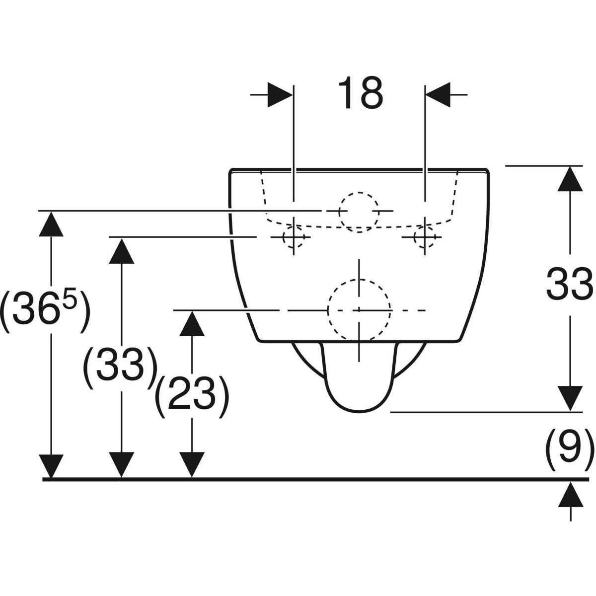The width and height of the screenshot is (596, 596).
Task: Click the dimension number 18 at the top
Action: (x=361, y=93)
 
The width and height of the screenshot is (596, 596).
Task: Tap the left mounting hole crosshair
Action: (x=294, y=237)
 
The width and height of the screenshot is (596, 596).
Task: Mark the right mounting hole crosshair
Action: (x=425, y=237)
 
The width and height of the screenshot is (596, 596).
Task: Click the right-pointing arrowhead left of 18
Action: (x=280, y=94)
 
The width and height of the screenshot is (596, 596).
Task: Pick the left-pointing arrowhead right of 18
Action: (x=438, y=94)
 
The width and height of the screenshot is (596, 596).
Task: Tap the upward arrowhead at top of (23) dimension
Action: (x=191, y=323)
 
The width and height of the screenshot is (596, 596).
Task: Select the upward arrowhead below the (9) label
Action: (x=570, y=495)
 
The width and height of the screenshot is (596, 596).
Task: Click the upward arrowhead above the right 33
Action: (x=570, y=179)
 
